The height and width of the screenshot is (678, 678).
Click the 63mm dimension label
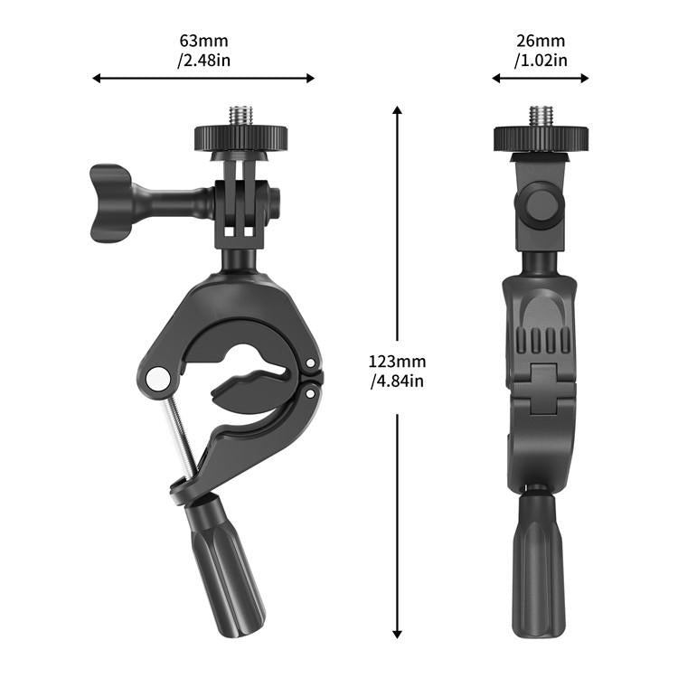tap(203, 41)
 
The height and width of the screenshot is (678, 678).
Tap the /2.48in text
tap(203, 61)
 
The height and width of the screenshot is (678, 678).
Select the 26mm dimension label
tap(541, 41)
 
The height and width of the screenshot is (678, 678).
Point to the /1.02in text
tap(541, 61)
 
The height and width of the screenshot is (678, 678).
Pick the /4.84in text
tap(397, 381)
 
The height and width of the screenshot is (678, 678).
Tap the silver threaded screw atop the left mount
tap(240, 117)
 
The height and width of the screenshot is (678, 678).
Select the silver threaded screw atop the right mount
tap(541, 117)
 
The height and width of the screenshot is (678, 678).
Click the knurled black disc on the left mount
tap(240, 138)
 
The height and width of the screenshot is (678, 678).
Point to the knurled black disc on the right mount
tap(541, 139)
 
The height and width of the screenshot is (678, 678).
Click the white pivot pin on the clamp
tap(158, 378)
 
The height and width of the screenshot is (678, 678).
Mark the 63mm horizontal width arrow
tap(203, 79)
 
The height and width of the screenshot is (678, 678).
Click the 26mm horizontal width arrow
tap(541, 79)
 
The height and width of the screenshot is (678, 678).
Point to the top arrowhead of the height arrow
tap(397, 109)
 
